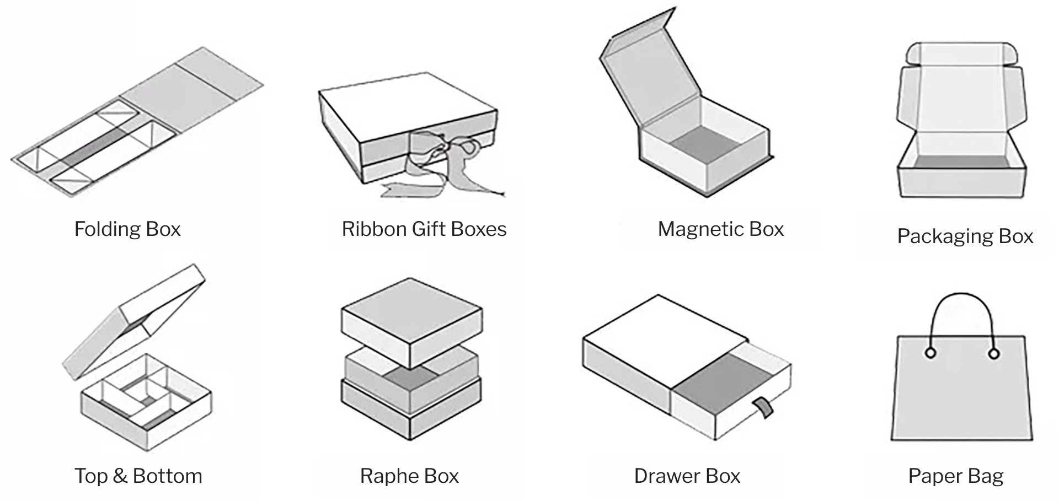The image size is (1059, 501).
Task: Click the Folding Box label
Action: pyautogui.click(x=127, y=229)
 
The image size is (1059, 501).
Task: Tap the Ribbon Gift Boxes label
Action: pyautogui.click(x=424, y=229)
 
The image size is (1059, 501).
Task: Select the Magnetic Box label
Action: pyautogui.click(x=720, y=229)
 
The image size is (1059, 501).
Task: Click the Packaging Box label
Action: pyautogui.click(x=965, y=236)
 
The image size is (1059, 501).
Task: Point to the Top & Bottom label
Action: pyautogui.click(x=138, y=476)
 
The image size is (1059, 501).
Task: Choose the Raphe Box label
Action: pyautogui.click(x=409, y=476)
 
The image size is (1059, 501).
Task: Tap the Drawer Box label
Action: pyautogui.click(x=687, y=476)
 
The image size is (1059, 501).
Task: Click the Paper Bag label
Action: pyautogui.click(x=955, y=476)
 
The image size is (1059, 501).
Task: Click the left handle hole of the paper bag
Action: pyautogui.click(x=930, y=353)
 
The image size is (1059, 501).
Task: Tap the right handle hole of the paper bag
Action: pyautogui.click(x=994, y=353)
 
